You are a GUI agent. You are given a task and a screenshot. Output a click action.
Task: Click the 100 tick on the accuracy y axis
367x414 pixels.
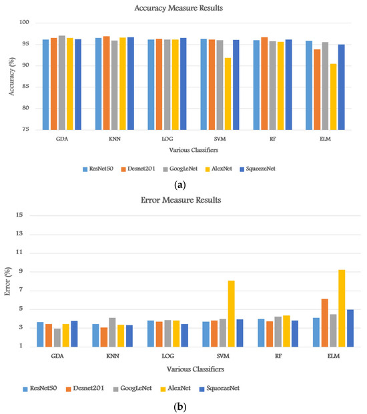click(25, 23)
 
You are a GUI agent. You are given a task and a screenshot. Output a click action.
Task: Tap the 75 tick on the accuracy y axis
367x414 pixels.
click(26, 129)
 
